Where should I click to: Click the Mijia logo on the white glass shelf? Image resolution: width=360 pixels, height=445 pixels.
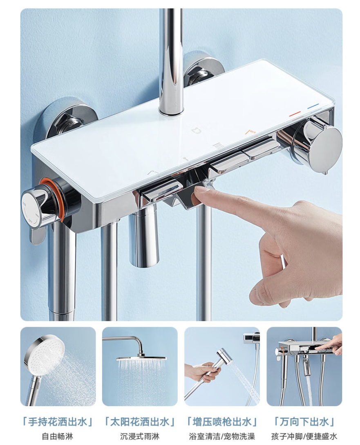click(195, 130)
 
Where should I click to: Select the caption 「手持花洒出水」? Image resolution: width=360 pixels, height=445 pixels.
click(58, 422)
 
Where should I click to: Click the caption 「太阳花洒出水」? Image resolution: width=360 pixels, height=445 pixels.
click(140, 422)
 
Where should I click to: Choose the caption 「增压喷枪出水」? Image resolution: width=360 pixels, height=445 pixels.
click(222, 422)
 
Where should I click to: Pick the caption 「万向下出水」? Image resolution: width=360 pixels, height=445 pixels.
click(304, 422)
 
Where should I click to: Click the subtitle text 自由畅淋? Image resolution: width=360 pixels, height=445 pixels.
click(58, 436)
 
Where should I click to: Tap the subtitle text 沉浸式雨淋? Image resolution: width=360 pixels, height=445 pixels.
click(140, 436)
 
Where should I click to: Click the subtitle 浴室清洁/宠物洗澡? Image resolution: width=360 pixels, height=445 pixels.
click(222, 436)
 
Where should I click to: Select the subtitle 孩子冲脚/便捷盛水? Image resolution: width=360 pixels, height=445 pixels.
click(304, 436)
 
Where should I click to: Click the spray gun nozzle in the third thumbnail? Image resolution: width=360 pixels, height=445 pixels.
click(224, 359)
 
